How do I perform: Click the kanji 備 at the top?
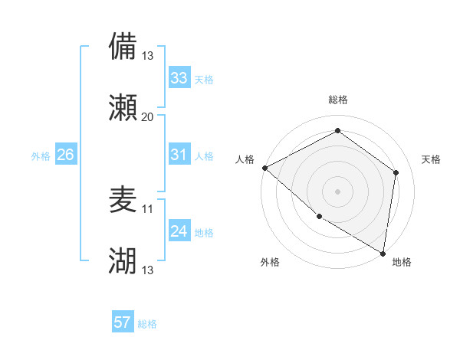click(123, 46)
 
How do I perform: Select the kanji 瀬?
click(123, 107)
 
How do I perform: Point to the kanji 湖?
click(123, 261)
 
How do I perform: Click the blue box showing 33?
click(179, 78)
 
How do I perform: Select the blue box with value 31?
click(179, 155)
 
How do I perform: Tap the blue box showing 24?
click(179, 231)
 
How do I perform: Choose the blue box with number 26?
click(65, 155)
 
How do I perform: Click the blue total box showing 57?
click(123, 322)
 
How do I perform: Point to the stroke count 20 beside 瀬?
click(148, 116)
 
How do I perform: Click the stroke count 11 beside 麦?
click(148, 208)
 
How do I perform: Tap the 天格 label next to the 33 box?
click(204, 80)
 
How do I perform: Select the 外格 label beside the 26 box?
click(41, 156)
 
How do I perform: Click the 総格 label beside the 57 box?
click(147, 324)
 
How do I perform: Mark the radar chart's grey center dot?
click(337, 191)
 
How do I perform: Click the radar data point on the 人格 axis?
click(264, 168)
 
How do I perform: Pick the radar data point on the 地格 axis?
click(383, 253)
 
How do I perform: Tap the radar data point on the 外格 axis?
click(319, 216)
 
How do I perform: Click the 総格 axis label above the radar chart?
click(337, 100)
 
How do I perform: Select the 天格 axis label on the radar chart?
click(432, 159)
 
